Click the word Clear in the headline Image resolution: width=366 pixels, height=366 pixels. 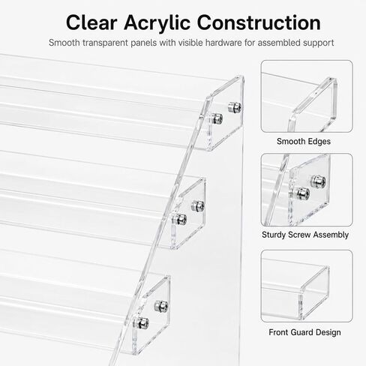coord(91,22)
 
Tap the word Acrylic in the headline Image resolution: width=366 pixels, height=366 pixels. coord(157,22)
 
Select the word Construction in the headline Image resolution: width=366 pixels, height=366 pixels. coord(259,22)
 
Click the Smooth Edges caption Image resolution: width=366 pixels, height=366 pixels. coord(304,142)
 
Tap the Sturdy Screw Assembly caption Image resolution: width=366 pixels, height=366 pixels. coord(305,235)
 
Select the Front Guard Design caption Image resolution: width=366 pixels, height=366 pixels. coord(304,332)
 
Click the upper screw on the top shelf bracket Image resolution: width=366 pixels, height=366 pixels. coord(235,107)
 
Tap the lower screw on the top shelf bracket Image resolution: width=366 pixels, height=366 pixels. coord(216,118)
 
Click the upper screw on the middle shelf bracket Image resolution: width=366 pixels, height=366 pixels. coord(198,205)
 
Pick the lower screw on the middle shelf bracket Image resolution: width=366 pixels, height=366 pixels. coord(180,219)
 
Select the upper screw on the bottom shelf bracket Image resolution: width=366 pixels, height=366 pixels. coord(161,306)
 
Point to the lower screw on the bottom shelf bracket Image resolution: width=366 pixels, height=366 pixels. coord(141,322)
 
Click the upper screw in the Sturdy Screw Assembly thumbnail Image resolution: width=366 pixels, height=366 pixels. coord(318,181)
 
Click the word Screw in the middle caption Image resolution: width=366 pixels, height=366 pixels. coord(299,235)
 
